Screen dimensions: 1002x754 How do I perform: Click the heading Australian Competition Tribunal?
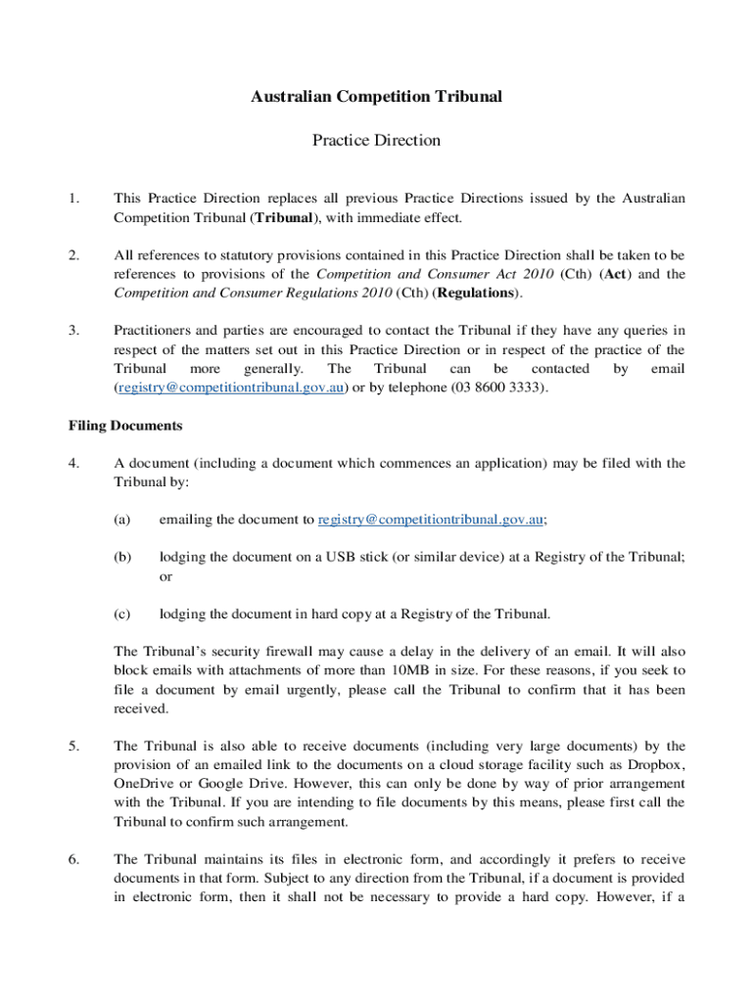376,96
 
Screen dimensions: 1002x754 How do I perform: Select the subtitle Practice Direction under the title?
376,140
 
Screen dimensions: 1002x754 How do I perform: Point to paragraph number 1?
73,199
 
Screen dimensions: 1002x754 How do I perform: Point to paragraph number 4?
73,463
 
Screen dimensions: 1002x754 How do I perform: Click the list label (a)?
122,520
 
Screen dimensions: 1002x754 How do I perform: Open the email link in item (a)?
430,520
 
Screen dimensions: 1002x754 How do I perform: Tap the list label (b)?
122,557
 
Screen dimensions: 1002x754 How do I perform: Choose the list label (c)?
122,614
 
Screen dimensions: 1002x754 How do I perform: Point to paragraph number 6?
73,859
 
